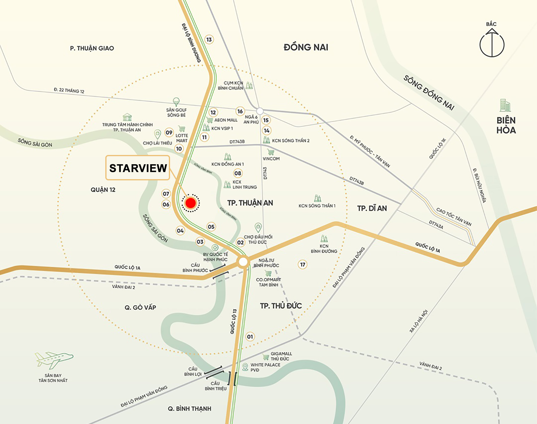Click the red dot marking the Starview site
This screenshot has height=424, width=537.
(191, 203)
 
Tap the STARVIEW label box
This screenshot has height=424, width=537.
(138, 168)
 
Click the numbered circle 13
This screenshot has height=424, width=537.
(209, 39)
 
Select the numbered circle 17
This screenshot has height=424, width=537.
(303, 265)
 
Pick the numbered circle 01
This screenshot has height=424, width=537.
(250, 337)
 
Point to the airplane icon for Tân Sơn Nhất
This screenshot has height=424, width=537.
(54, 360)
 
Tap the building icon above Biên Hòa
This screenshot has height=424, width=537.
(505, 105)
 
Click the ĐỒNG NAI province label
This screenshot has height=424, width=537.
(306, 47)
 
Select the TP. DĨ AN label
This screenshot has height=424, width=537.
(372, 208)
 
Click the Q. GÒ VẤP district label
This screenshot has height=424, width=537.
(140, 307)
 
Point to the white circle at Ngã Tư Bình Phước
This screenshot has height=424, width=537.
(243, 262)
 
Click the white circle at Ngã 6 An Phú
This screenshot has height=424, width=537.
(260, 111)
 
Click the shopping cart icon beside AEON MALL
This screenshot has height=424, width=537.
(210, 120)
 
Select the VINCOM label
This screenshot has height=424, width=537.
(271, 159)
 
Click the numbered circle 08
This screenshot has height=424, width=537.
(238, 173)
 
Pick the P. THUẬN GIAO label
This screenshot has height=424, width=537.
(92, 48)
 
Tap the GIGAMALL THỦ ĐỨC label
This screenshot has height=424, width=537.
(281, 356)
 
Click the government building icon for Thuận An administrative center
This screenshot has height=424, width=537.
(127, 117)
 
